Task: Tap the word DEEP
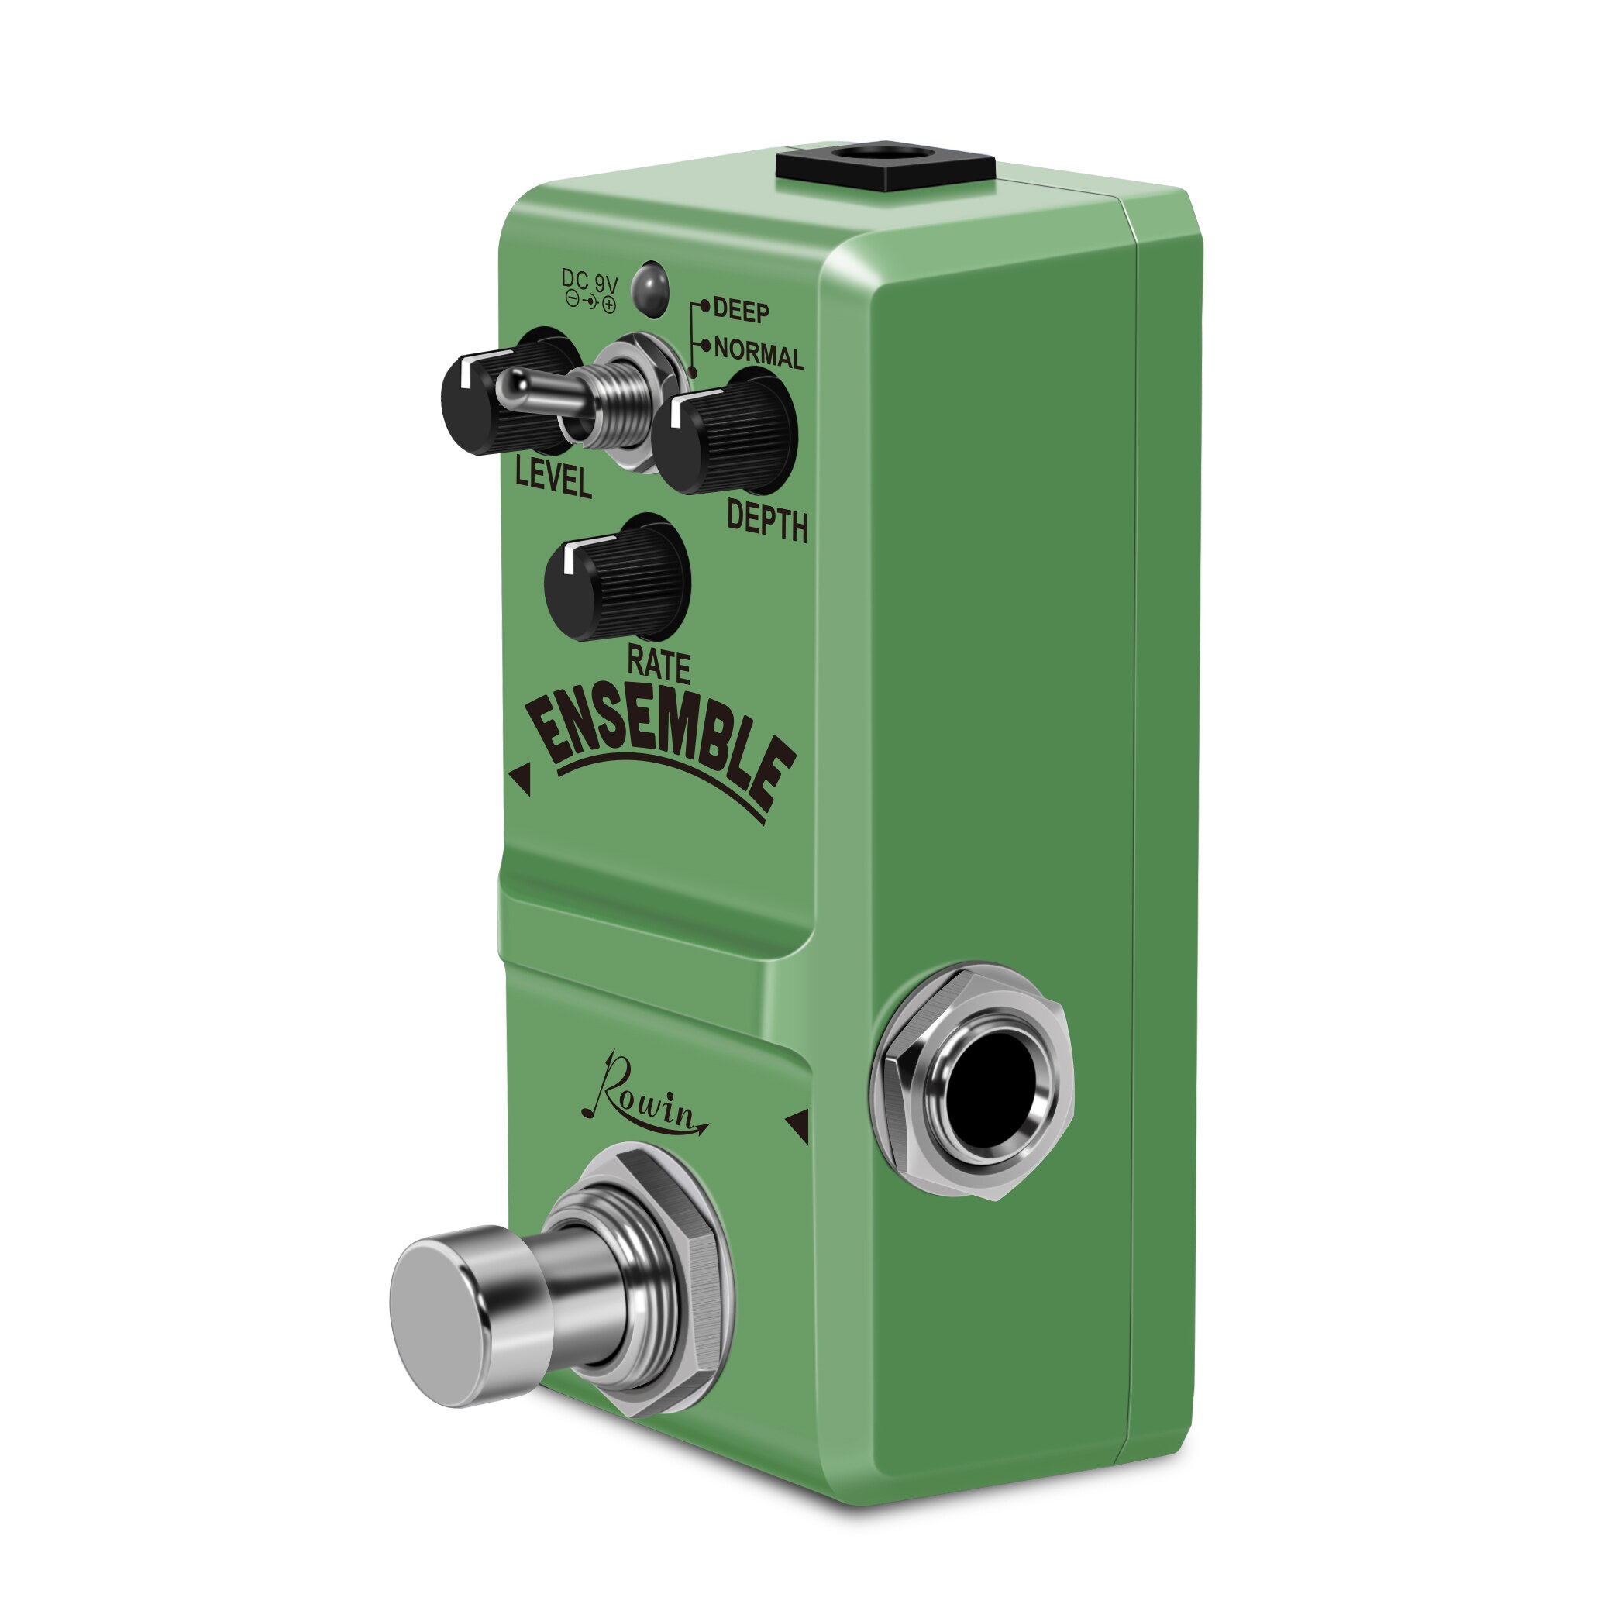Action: pos(740,312)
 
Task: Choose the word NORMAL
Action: pos(758,354)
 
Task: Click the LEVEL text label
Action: pos(553,480)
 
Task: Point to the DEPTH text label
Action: pos(766,521)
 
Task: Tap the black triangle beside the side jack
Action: pos(798,1127)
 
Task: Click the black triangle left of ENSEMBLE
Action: pos(521,780)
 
